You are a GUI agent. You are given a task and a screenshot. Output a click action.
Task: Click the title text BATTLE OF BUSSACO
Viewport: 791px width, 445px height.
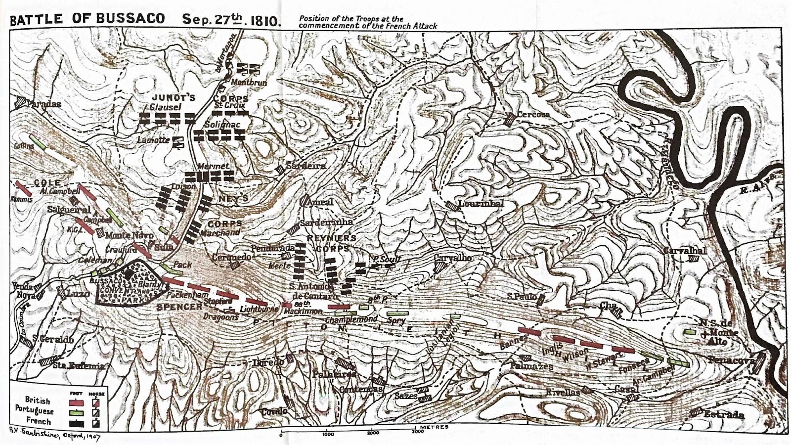tap(87, 19)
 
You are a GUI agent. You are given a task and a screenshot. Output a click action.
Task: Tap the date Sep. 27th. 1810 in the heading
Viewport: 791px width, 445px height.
tap(231, 20)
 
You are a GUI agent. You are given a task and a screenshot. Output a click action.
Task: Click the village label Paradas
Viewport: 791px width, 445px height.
tap(44, 104)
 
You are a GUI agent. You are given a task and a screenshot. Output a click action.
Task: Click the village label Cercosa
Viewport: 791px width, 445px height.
tap(533, 114)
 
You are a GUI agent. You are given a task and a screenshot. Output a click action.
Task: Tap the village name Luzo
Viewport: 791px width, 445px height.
tap(78, 294)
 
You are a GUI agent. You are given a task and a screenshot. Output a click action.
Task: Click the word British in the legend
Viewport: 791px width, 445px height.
tap(38, 400)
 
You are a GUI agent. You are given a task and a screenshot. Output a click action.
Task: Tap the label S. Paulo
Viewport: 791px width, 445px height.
tap(522, 297)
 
